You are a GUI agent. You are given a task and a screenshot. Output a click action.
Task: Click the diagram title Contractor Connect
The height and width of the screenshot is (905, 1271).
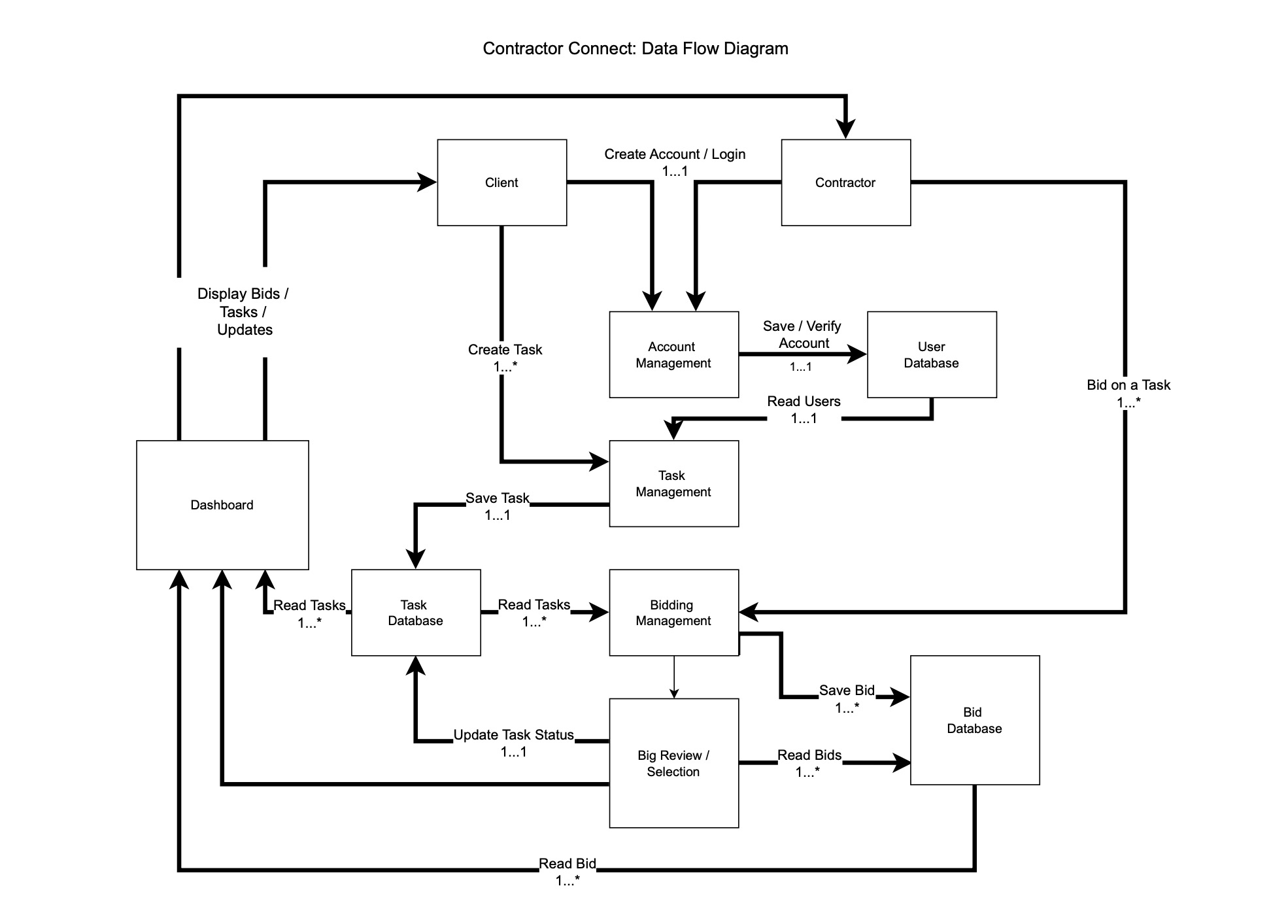click(635, 48)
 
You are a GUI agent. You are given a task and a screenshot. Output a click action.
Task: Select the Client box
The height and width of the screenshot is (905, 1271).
click(501, 182)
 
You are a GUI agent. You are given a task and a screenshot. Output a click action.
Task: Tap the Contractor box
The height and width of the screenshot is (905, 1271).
click(845, 182)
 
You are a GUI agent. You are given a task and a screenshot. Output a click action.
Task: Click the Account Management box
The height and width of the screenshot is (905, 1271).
click(673, 354)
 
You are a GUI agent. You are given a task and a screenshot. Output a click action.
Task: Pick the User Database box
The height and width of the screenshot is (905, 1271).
click(931, 354)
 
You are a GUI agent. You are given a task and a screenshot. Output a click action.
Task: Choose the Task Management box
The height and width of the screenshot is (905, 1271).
click(673, 483)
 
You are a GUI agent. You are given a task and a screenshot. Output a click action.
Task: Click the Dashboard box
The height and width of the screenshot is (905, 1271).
click(222, 505)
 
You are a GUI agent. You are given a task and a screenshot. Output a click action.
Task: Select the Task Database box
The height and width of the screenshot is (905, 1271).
click(415, 613)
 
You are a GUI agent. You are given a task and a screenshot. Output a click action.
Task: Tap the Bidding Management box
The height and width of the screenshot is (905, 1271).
click(673, 613)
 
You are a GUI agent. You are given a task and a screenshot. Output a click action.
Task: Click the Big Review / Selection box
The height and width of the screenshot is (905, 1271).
click(673, 763)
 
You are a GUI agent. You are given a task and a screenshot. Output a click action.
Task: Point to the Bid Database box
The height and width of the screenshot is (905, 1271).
click(974, 720)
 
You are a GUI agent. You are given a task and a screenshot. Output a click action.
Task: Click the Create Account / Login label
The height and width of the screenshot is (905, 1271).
click(675, 154)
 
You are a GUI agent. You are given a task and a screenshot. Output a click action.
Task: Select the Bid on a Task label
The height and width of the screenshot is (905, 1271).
click(1128, 385)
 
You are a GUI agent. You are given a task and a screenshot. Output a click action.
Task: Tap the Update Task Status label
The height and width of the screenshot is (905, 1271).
click(514, 735)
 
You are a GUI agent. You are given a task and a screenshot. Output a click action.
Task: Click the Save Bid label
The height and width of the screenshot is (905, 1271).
click(847, 691)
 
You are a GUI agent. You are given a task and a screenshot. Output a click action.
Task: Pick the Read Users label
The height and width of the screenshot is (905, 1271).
click(804, 401)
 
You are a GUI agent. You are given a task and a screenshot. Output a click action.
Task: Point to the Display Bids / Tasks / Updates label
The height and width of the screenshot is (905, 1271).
click(243, 312)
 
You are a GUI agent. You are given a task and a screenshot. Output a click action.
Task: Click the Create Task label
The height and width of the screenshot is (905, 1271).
click(505, 350)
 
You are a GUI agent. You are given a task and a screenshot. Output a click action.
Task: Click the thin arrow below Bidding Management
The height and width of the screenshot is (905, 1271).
click(674, 677)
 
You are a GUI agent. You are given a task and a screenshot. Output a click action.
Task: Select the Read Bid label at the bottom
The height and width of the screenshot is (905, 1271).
click(567, 864)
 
